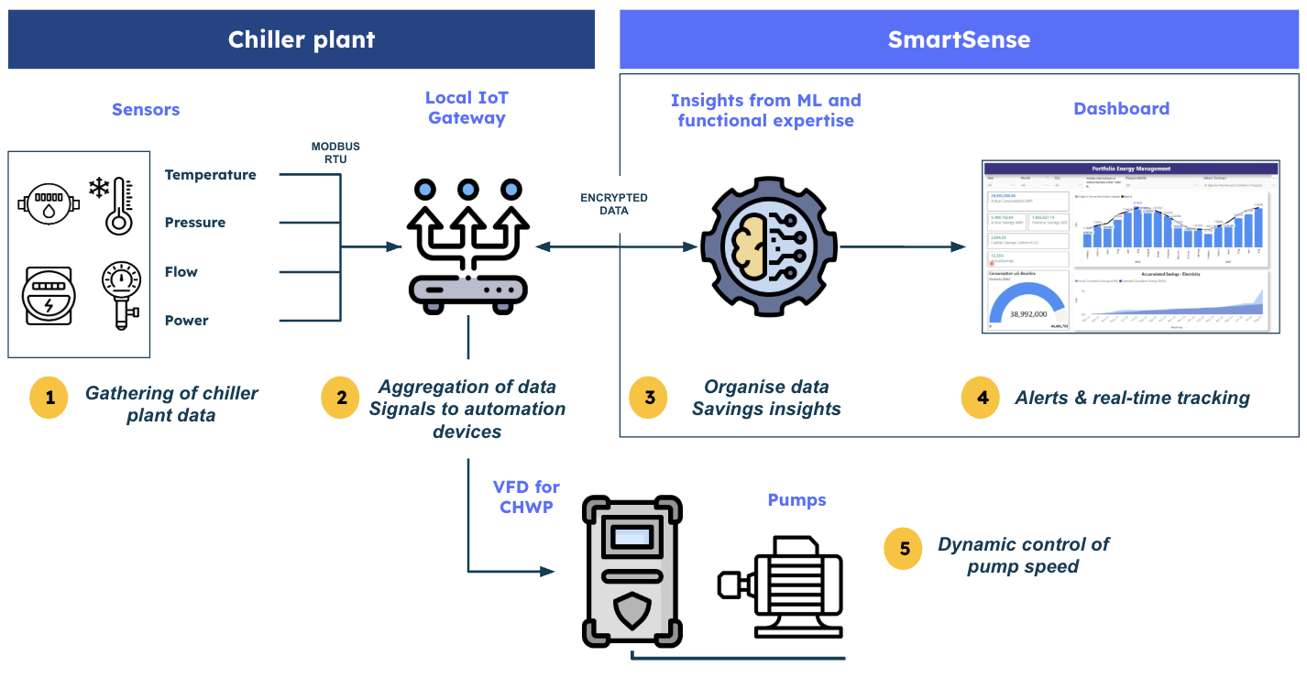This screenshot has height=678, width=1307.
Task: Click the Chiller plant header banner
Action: (302, 39)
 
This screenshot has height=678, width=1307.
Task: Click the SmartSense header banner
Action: (959, 39)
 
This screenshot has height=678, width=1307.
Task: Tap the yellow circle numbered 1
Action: (49, 398)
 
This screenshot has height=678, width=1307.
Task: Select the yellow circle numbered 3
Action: (649, 398)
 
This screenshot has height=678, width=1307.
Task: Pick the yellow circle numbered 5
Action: (904, 549)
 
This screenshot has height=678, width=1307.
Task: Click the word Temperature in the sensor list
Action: (211, 175)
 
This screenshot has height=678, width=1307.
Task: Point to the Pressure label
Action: (195, 223)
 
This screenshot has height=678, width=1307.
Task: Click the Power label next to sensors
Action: (187, 321)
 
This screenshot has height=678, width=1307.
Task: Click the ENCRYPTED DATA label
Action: (614, 203)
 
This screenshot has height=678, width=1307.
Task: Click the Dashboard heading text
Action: (1121, 108)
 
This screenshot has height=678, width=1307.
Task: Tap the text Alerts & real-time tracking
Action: (1132, 398)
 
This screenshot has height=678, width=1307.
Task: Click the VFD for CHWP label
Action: (526, 497)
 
